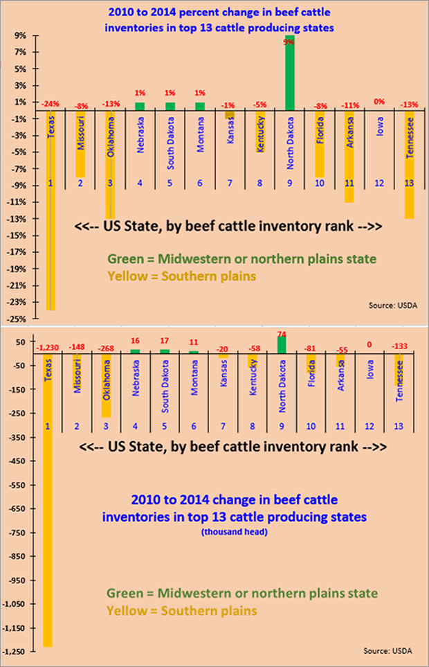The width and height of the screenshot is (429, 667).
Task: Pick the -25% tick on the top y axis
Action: pyautogui.click(x=19, y=319)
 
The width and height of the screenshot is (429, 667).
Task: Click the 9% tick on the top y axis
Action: pyautogui.click(x=21, y=35)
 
